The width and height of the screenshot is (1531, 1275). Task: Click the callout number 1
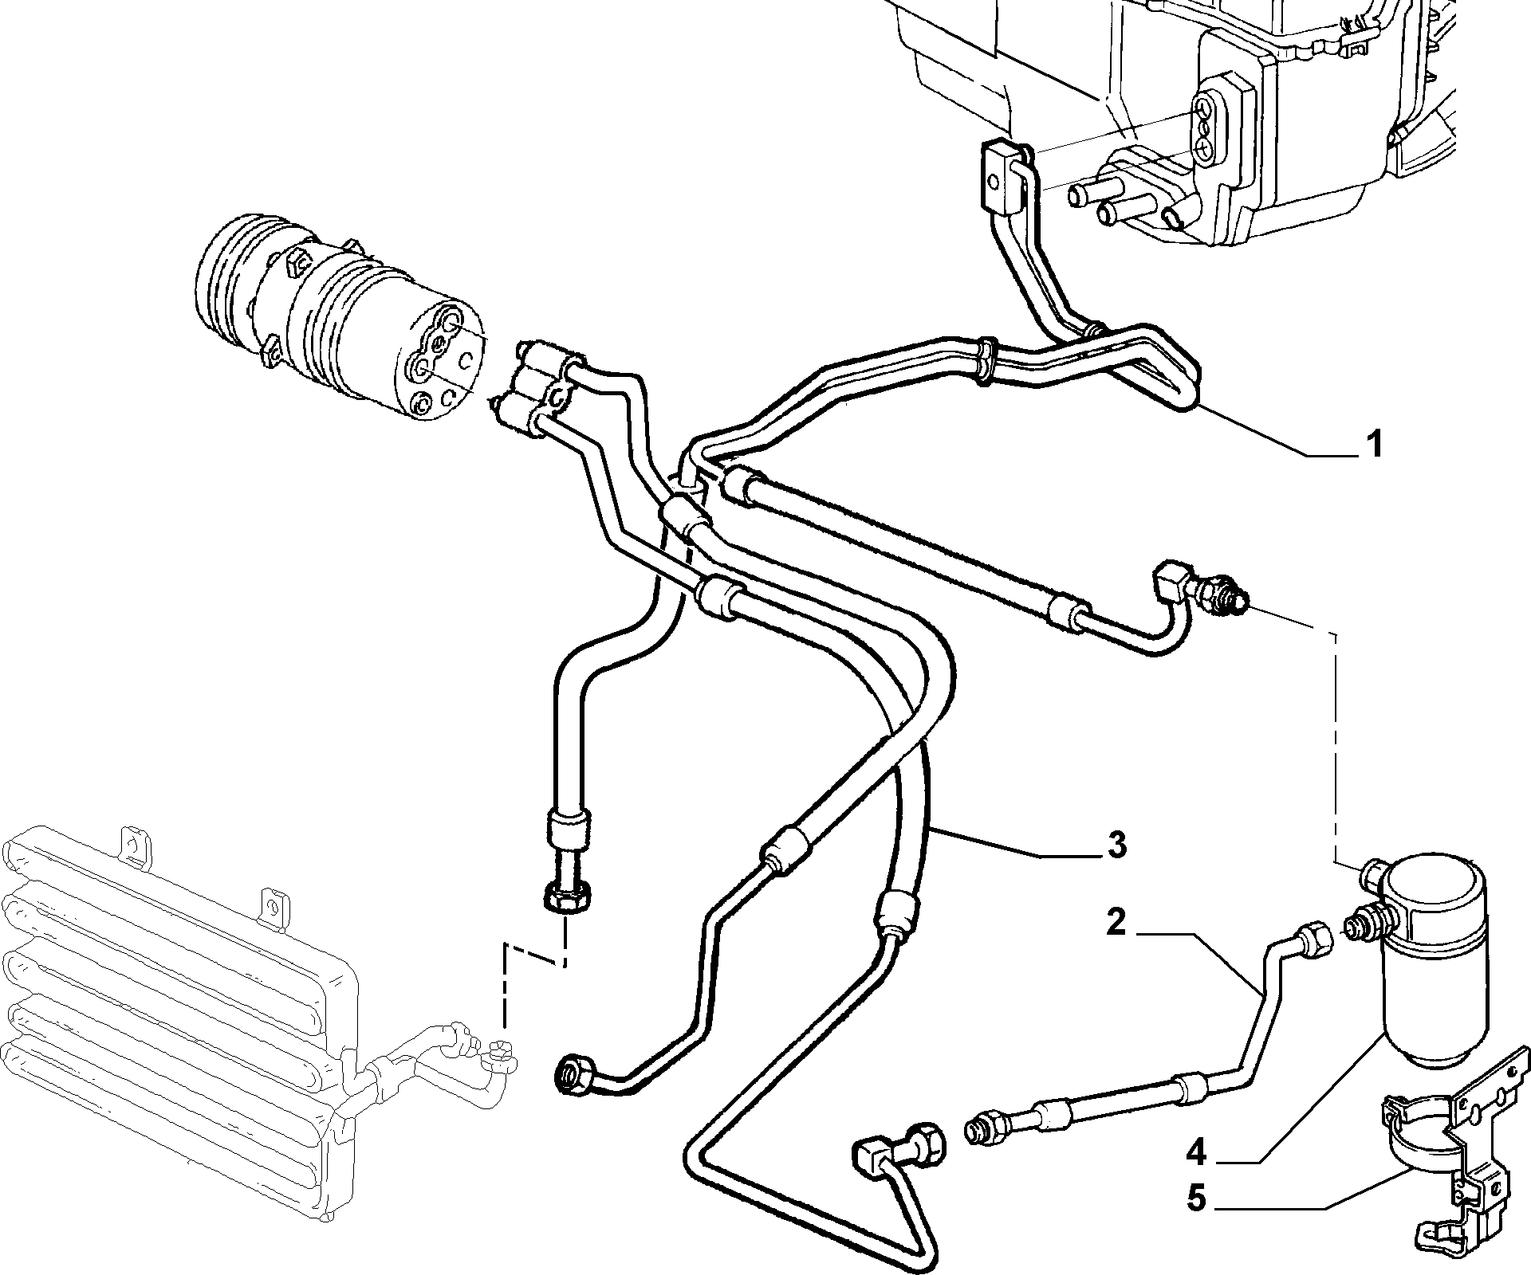(1373, 444)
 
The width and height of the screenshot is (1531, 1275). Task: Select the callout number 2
(1116, 923)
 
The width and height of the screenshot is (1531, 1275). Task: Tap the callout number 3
(1116, 845)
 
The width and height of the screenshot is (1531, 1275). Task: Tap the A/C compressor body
(335, 319)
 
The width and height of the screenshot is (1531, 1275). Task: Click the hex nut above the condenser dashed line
(567, 900)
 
